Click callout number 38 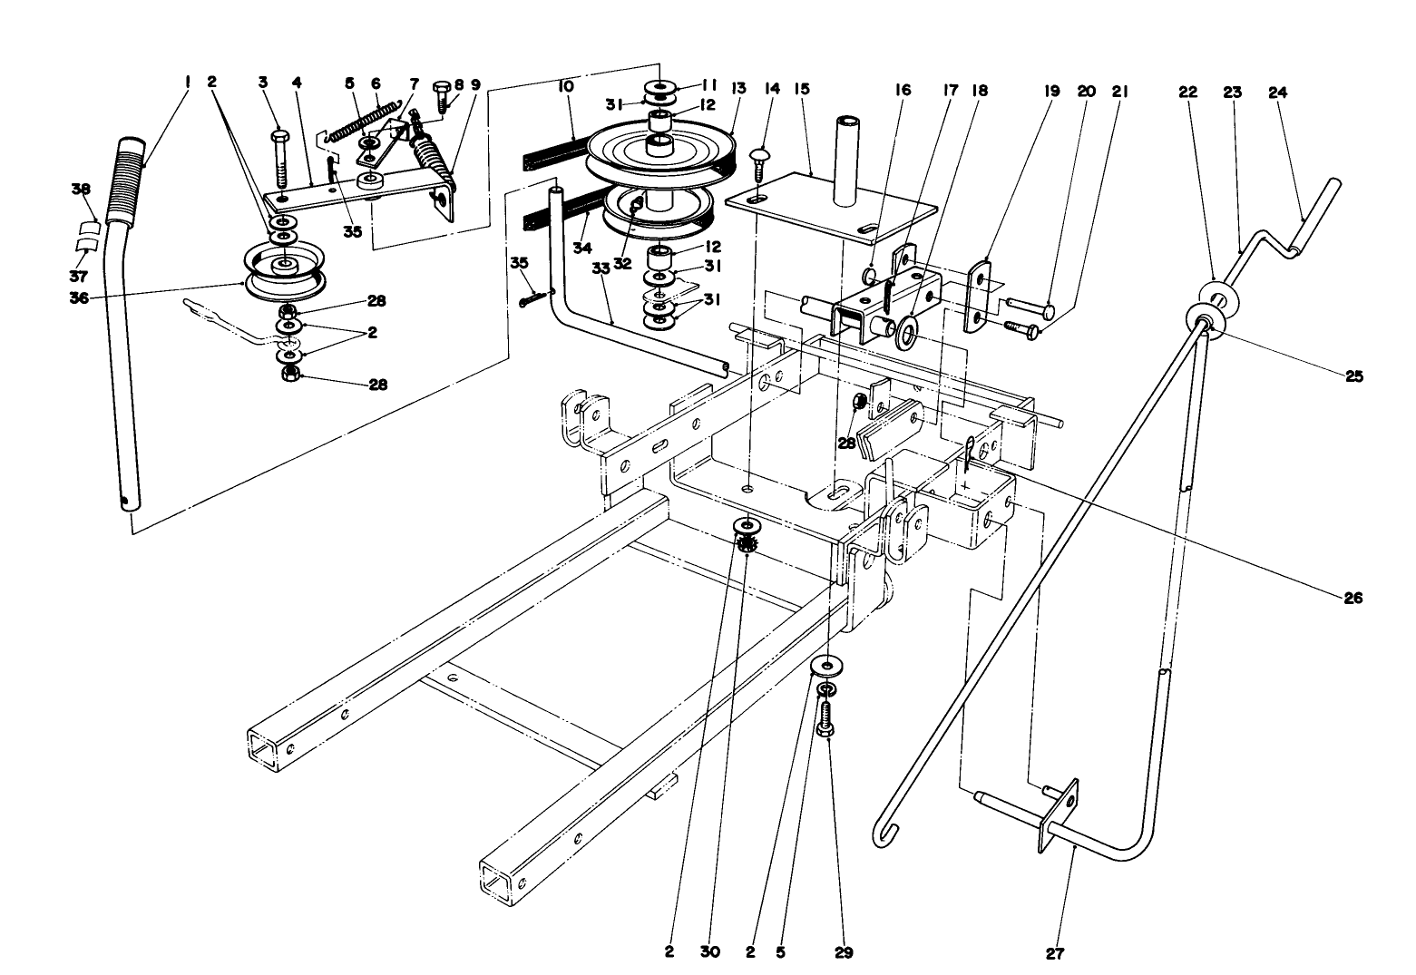82,190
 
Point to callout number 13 738,89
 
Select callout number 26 1353,598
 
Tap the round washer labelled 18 905,334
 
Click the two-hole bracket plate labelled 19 977,296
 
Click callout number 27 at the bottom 1055,953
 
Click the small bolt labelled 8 442,94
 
